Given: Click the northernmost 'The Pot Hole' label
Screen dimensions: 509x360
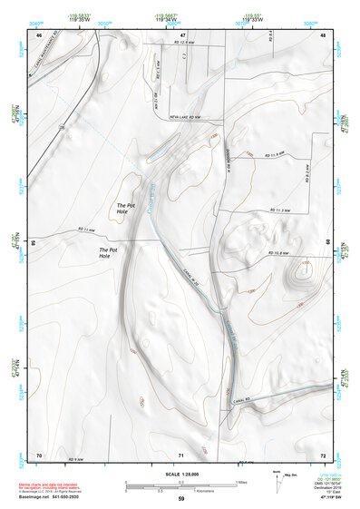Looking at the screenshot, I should click(125, 208).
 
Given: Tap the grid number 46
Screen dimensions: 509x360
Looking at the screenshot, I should click(39, 34).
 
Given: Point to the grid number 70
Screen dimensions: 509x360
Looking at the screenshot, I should click(39, 454).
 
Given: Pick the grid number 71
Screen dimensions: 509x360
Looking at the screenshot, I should click(180, 454).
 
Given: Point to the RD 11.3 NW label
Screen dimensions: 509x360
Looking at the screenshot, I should click(279, 210).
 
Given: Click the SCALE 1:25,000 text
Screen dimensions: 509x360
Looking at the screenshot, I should click(180, 475).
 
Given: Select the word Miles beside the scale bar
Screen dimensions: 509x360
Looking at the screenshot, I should click(241, 481).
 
